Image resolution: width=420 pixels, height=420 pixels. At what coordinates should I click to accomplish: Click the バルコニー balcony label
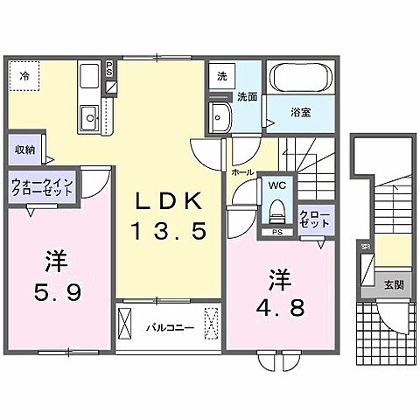[x=163, y=328]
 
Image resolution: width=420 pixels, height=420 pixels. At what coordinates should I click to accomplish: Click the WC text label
[x=277, y=185]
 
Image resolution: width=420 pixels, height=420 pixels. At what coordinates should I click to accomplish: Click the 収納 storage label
[x=24, y=150]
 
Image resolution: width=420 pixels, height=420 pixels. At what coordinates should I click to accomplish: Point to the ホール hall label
[x=241, y=173]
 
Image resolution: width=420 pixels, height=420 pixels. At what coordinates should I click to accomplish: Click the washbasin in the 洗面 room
[x=219, y=115]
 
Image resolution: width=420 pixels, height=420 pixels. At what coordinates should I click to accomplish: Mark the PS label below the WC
[x=277, y=232]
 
